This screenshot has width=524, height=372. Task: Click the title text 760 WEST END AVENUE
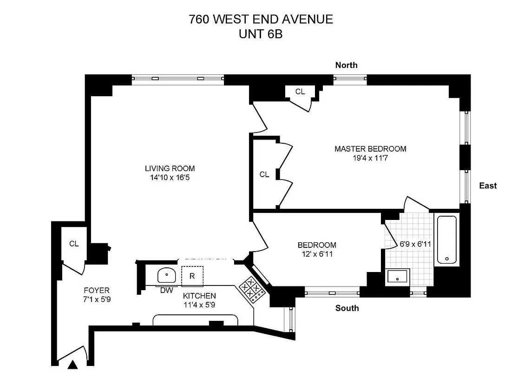point(261,20)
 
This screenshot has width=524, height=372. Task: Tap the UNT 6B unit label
point(261,35)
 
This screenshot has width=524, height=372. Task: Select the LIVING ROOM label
point(170,168)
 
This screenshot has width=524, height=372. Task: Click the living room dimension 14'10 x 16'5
point(170,177)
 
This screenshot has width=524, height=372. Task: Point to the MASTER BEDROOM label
point(370,149)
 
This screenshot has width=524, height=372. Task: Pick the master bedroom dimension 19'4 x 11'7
point(370,158)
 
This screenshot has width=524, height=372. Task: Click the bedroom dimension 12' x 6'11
point(317,254)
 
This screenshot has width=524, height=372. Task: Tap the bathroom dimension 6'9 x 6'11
point(416,243)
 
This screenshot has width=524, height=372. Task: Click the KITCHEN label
point(199,296)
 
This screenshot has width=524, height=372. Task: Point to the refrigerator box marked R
point(192,275)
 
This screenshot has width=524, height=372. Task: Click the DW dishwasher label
point(166,290)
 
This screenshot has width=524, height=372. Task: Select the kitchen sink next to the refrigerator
point(165,275)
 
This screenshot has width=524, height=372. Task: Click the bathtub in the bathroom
point(446,239)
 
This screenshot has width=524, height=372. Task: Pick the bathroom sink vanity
point(397,277)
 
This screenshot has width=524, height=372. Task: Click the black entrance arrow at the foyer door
point(74,365)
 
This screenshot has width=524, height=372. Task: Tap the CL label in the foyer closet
point(74,244)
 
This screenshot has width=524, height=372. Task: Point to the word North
point(347,65)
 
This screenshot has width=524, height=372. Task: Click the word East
point(488,186)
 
